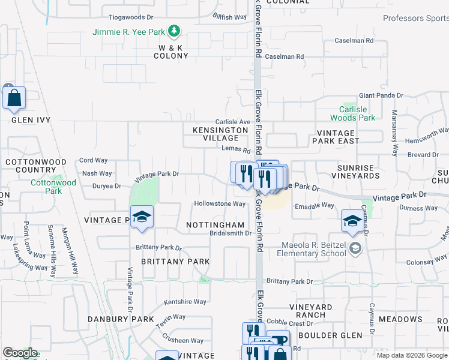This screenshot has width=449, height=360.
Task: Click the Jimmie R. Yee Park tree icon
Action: (x=174, y=30)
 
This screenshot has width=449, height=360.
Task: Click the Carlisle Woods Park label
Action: (x=353, y=113)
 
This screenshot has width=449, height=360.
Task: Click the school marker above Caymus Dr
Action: (x=352, y=220)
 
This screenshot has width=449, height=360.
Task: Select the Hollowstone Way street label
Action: (x=220, y=204)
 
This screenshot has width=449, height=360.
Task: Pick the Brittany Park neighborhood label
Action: (x=175, y=262)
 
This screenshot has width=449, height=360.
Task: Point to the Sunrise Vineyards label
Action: (x=358, y=171)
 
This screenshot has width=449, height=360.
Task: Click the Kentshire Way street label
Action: (x=185, y=301)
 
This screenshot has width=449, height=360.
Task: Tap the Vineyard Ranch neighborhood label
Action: (x=310, y=311)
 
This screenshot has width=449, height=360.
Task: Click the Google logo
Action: (x=20, y=353)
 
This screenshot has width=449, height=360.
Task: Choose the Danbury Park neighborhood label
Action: (x=121, y=319)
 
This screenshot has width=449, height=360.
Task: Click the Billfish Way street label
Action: (x=231, y=17)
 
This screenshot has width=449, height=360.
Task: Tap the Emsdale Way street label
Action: (x=314, y=205)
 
